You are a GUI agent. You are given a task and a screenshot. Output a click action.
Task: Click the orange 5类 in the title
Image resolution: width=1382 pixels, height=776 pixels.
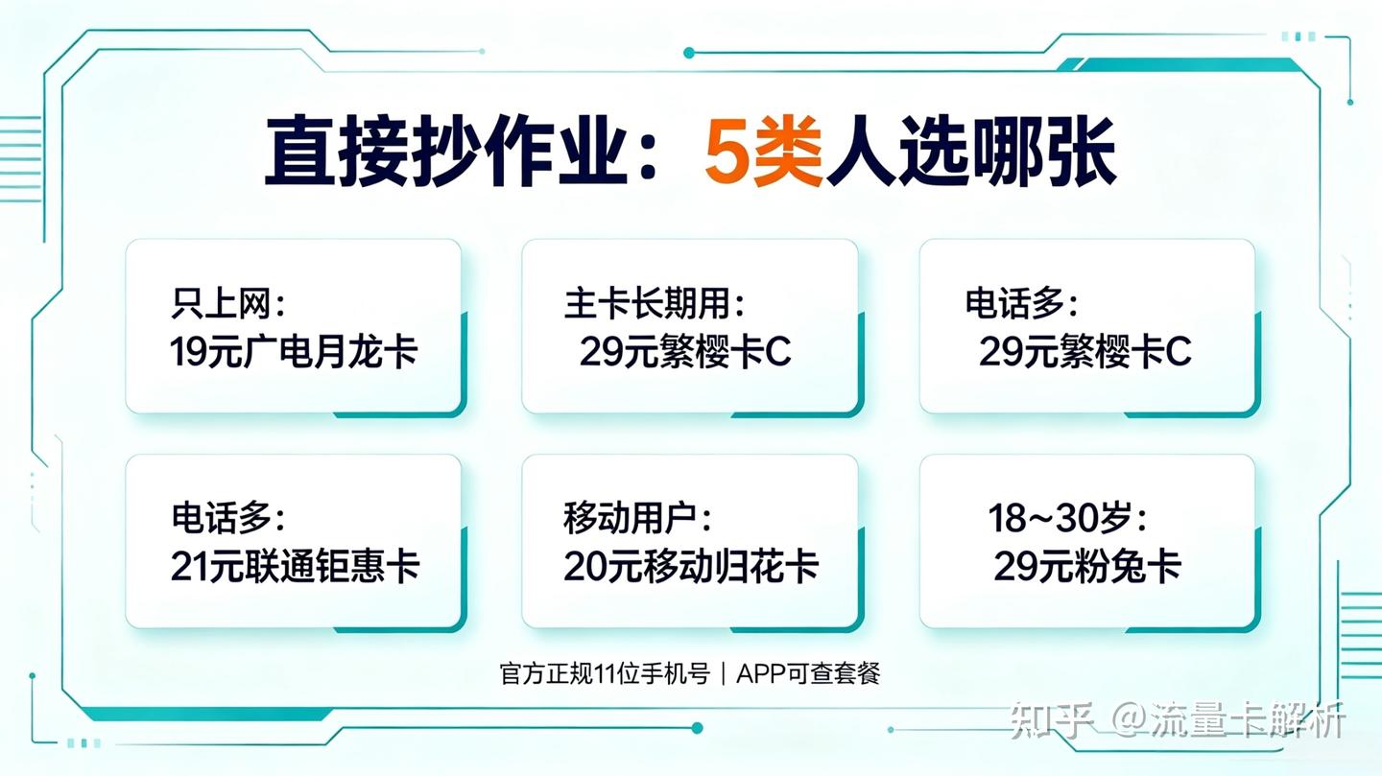click(763, 152)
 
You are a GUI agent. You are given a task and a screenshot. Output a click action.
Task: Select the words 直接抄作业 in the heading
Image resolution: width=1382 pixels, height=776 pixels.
click(446, 152)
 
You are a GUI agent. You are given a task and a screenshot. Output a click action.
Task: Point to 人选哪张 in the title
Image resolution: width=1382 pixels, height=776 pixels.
click(970, 152)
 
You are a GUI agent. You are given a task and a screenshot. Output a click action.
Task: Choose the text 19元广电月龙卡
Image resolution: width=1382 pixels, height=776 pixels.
click(294, 352)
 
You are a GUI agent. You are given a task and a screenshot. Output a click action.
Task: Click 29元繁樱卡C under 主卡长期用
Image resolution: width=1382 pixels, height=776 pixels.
click(685, 352)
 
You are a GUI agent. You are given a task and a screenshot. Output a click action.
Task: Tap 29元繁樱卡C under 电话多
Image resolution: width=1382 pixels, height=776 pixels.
click(1084, 352)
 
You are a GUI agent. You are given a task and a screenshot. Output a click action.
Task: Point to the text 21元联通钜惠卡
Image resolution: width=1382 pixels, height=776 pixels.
click(295, 566)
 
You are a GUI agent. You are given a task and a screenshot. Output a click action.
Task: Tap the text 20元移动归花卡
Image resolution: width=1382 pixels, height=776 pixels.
click(691, 566)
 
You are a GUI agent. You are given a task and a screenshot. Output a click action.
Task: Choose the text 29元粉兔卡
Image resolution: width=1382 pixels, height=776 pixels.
click(1087, 566)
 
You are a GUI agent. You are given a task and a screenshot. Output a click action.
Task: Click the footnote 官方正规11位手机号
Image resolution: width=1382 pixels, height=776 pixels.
click(605, 673)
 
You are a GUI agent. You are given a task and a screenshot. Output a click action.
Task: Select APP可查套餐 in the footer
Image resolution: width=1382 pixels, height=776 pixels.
click(808, 673)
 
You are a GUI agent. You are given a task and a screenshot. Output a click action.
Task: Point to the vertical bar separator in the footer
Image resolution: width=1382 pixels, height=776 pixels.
click(724, 673)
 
